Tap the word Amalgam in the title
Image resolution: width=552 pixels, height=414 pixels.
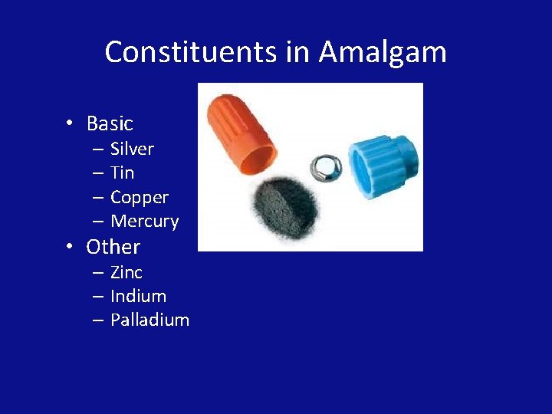(x=383, y=52)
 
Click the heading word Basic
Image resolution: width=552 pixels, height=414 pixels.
(x=110, y=123)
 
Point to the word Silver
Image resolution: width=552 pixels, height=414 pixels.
(x=132, y=149)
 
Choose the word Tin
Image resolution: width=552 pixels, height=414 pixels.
(x=122, y=172)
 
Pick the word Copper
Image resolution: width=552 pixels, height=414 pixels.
(x=139, y=197)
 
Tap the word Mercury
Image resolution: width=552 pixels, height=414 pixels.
(x=144, y=222)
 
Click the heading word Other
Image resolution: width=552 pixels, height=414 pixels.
(x=113, y=247)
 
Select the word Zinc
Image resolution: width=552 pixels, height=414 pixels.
(x=127, y=272)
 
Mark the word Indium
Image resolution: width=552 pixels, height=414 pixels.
(x=138, y=296)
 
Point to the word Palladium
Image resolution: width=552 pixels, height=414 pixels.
(x=149, y=320)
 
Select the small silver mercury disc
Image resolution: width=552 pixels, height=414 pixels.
(x=325, y=164)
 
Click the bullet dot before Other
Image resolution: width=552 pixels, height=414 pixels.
(x=69, y=247)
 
